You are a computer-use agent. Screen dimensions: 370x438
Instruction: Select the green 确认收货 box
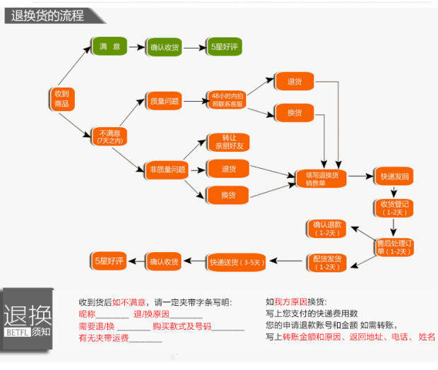click(165, 47)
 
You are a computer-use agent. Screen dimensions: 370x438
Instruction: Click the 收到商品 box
click(61, 99)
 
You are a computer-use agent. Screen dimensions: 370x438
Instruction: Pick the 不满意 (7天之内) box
click(109, 136)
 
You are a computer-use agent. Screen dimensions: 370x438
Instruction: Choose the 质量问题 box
click(163, 102)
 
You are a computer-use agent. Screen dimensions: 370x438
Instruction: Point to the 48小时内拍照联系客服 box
click(227, 100)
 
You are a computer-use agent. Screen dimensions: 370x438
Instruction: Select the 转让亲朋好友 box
click(228, 142)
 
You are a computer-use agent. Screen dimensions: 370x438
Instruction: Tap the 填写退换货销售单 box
click(321, 177)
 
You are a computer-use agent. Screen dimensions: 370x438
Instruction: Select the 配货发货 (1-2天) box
click(326, 263)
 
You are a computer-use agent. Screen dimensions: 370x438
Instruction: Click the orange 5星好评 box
click(109, 262)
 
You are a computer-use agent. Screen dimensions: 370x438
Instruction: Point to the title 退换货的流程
click(48, 15)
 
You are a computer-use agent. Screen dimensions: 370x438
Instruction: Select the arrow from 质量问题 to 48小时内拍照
click(193, 102)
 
